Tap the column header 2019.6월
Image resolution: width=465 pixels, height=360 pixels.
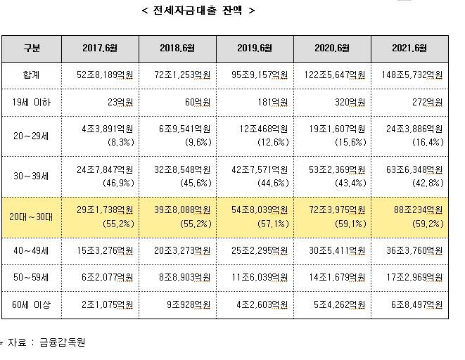(254, 48)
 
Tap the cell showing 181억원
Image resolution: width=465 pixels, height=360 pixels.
(275, 103)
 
